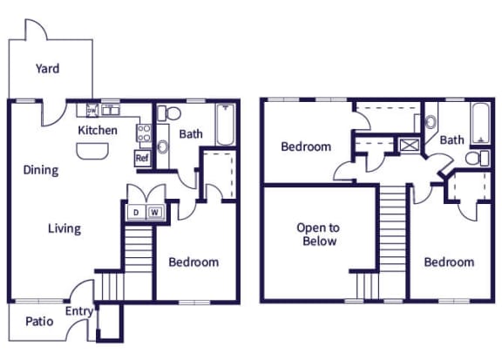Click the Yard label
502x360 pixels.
pyautogui.click(x=47, y=68)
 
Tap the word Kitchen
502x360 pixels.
pyautogui.click(x=98, y=131)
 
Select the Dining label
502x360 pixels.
pyautogui.click(x=41, y=170)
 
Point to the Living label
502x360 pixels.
pyautogui.click(x=64, y=229)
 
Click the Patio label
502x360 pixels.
pyautogui.click(x=38, y=322)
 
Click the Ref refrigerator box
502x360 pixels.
pyautogui.click(x=142, y=158)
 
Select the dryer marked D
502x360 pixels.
pyautogui.click(x=136, y=211)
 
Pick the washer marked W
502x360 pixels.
pyautogui.click(x=154, y=211)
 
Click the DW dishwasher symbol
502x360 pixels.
pyautogui.click(x=91, y=110)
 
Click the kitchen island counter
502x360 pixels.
pyautogui.click(x=93, y=152)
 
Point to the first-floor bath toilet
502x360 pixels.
pyautogui.click(x=171, y=113)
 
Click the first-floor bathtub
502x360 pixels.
pyautogui.click(x=225, y=125)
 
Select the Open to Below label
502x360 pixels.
pyautogui.click(x=317, y=234)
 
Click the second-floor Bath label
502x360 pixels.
pyautogui.click(x=451, y=139)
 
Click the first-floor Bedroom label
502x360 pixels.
pyautogui.click(x=193, y=262)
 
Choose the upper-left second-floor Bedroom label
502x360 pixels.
pyautogui.click(x=306, y=146)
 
